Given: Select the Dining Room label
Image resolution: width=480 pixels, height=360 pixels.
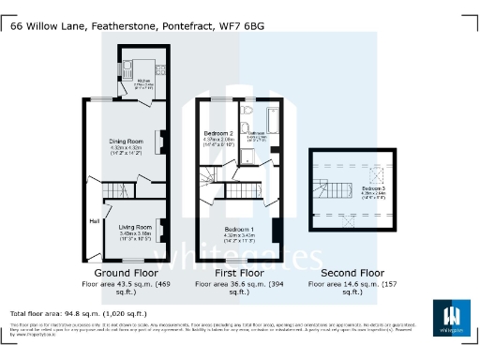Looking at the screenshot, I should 125,142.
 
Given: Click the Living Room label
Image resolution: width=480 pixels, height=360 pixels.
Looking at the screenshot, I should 134,228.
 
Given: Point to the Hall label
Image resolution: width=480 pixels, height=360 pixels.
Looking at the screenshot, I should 95,221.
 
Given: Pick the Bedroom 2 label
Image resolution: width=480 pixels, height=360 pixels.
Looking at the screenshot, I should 217,135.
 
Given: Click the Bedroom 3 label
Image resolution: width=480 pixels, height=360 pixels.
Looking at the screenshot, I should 373,190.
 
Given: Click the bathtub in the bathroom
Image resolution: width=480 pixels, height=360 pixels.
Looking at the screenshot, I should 271,119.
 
